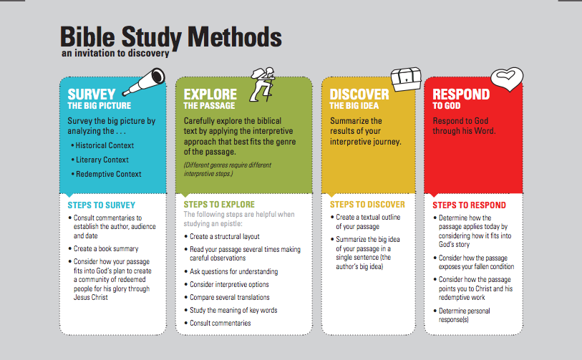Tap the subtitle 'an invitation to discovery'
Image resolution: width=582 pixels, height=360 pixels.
pyautogui.click(x=115, y=53)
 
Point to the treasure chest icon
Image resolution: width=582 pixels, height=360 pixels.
pyautogui.click(x=405, y=79)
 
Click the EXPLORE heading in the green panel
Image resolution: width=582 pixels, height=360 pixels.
pyautogui.click(x=210, y=94)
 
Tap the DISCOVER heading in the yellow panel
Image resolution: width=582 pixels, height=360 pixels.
pyautogui.click(x=359, y=94)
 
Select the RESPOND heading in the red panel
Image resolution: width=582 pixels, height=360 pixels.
pyautogui.click(x=461, y=94)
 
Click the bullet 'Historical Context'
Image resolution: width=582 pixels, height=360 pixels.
pyautogui.click(x=104, y=145)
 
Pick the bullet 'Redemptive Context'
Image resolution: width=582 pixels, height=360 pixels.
pyautogui.click(x=108, y=174)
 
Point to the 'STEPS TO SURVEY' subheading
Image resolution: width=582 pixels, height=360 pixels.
pyautogui.click(x=101, y=205)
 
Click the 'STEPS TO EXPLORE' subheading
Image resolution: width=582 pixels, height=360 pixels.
pyautogui.click(x=220, y=205)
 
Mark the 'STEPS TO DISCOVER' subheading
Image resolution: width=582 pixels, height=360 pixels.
pyautogui.click(x=367, y=205)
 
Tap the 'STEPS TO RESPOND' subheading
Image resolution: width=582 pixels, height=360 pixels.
pyautogui.click(x=469, y=205)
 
